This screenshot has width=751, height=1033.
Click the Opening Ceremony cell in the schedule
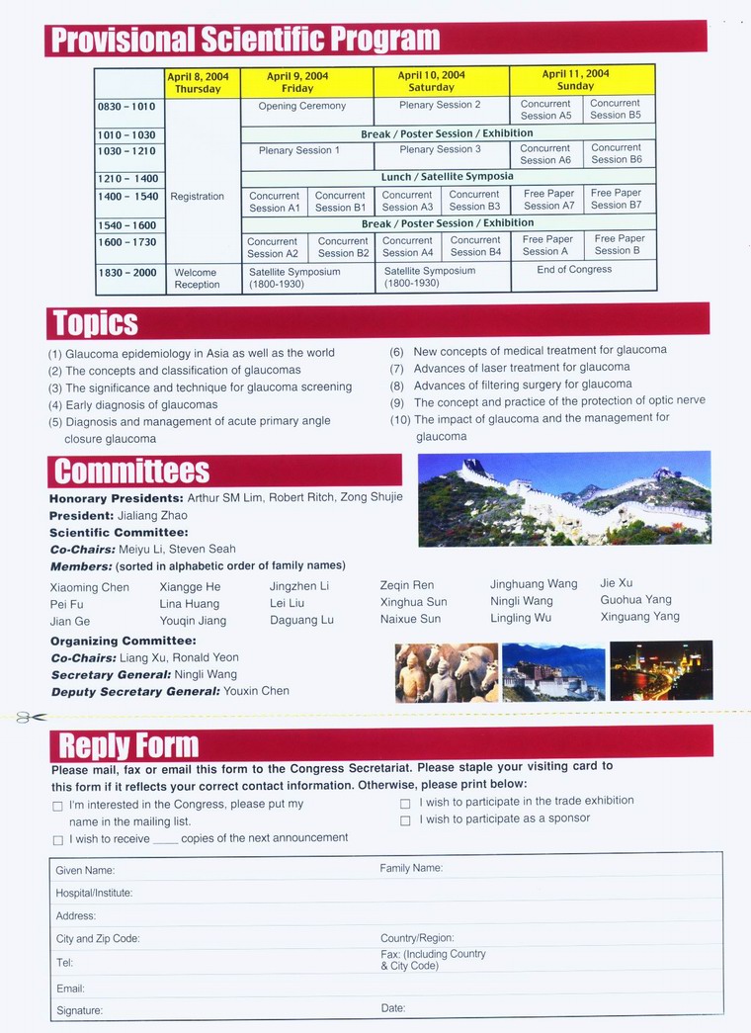pyautogui.click(x=301, y=106)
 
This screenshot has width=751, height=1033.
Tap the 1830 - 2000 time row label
pyautogui.click(x=127, y=273)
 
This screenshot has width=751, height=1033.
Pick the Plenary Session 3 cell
pyautogui.click(x=440, y=149)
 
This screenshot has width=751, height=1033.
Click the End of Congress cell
pyautogui.click(x=574, y=269)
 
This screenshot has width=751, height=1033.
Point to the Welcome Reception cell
pyautogui.click(x=197, y=279)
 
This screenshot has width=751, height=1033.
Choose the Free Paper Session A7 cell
pyautogui.click(x=548, y=200)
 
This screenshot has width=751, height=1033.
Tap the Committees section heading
pyautogui.click(x=131, y=471)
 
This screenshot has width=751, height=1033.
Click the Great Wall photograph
pyautogui.click(x=563, y=498)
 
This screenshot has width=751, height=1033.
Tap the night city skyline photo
pyautogui.click(x=660, y=671)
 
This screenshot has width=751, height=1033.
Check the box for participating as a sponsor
pyautogui.click(x=405, y=820)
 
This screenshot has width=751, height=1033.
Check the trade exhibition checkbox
pyautogui.click(x=405, y=804)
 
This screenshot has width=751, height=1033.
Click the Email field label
pyautogui.click(x=70, y=989)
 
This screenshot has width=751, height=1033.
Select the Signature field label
pyautogui.click(x=79, y=1010)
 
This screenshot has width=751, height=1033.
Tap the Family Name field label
pyautogui.click(x=411, y=868)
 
